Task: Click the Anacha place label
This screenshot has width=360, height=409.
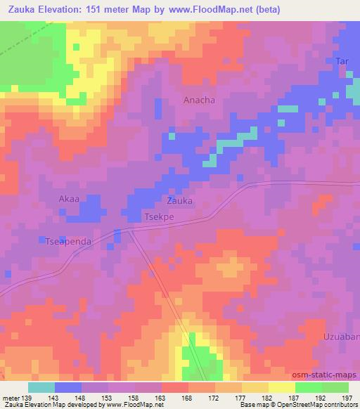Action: click(199, 100)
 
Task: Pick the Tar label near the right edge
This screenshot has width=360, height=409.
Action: click(342, 62)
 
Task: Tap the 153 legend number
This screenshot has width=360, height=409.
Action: click(106, 398)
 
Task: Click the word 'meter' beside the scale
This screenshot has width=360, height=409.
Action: click(10, 398)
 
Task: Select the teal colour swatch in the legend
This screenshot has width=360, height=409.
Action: click(41, 387)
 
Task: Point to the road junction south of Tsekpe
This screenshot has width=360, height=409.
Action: click(132, 229)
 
